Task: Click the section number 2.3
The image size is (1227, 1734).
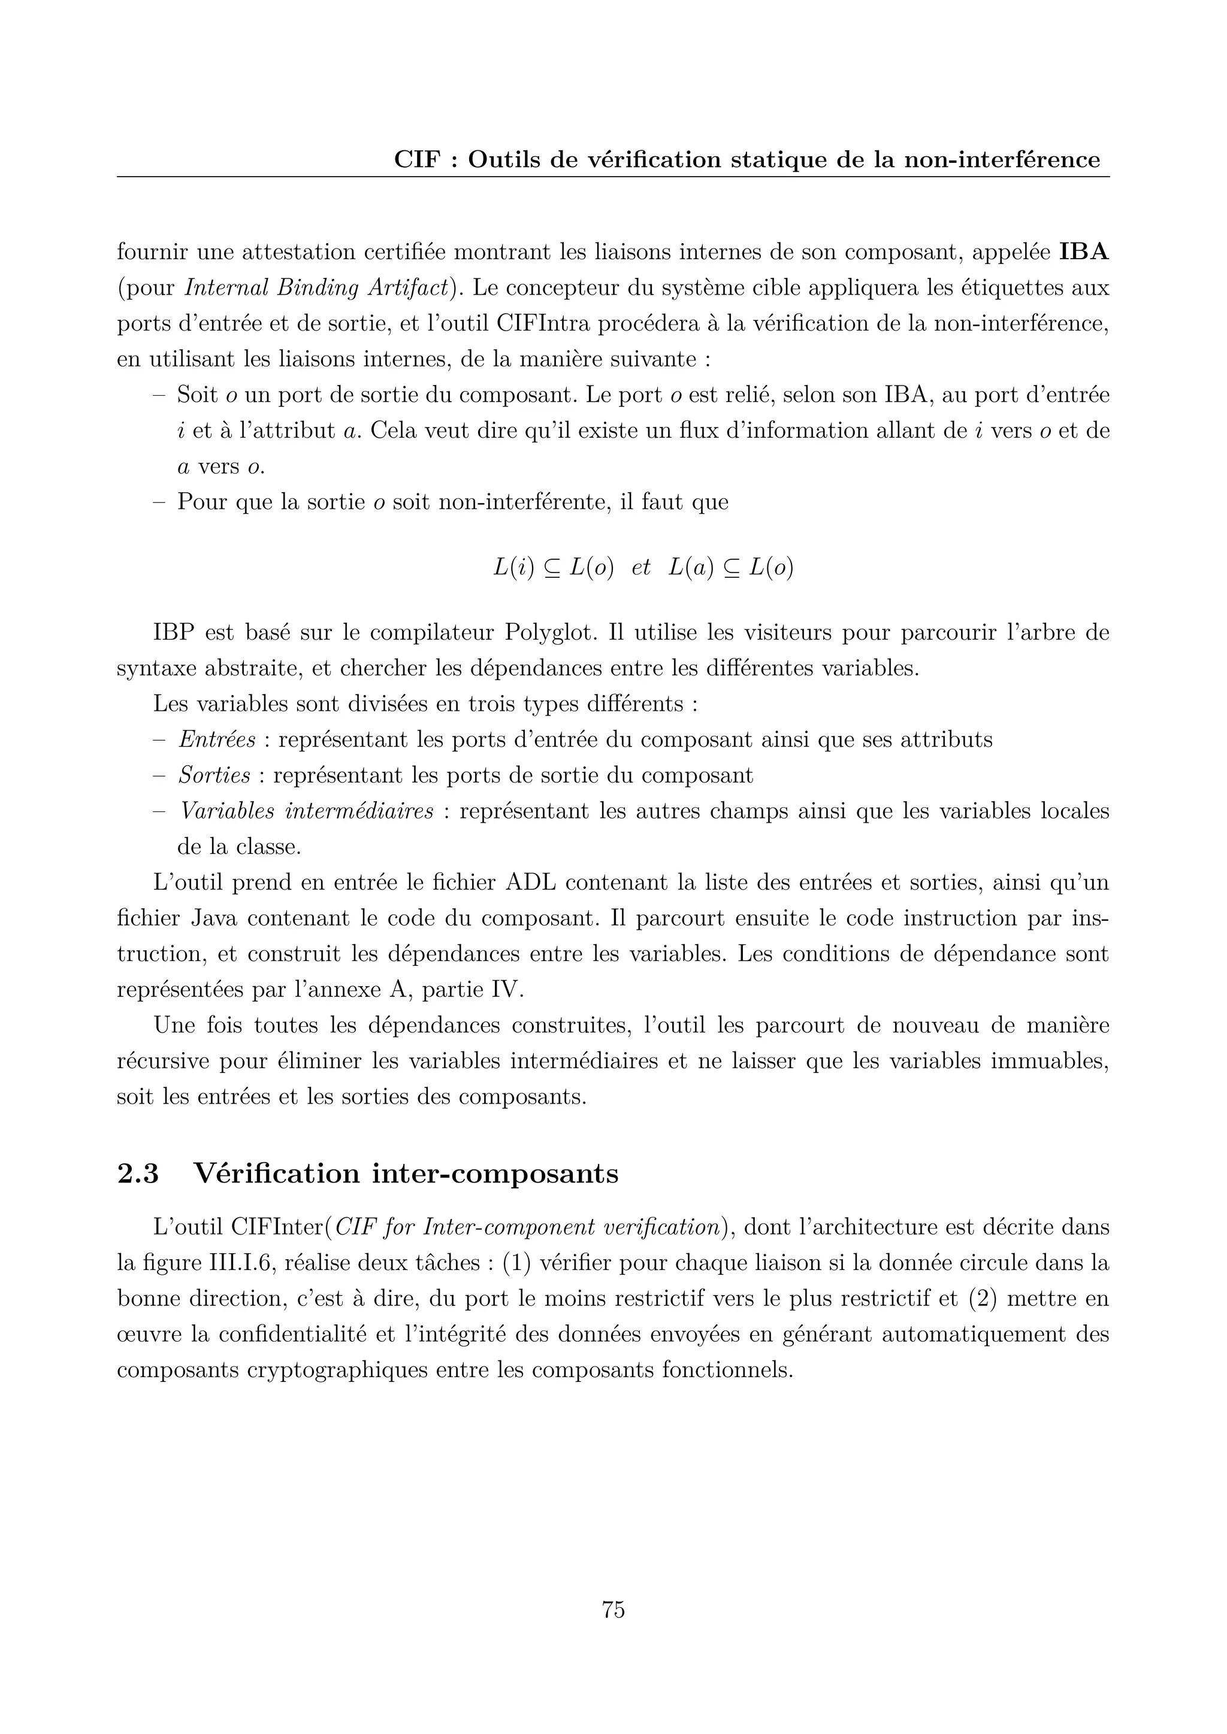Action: [138, 1174]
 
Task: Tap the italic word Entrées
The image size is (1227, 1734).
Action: [217, 739]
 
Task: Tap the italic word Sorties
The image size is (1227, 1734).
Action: [214, 775]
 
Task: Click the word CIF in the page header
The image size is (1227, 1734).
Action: [416, 160]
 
